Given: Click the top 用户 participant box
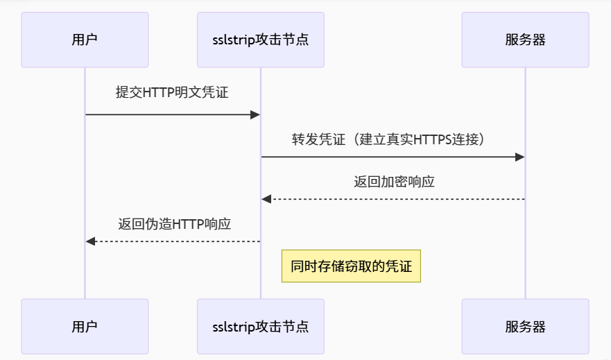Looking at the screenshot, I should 85,40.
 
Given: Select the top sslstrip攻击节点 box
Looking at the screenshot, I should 261,40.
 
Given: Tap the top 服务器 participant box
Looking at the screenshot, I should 525,40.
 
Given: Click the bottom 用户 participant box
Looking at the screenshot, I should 85,326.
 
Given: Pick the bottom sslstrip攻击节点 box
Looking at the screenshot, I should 261,326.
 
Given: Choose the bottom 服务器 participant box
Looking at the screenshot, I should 525,326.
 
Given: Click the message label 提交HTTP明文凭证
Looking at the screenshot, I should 172,93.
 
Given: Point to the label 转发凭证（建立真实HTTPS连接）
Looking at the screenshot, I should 393,139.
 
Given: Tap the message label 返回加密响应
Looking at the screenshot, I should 394,182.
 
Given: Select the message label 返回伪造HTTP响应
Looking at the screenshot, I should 174,224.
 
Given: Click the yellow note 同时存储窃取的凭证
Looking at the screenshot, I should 351,266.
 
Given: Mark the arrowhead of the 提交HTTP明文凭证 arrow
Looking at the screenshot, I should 255,114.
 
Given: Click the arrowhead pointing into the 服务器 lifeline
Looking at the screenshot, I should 519,157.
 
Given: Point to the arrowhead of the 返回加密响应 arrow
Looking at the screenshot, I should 266,199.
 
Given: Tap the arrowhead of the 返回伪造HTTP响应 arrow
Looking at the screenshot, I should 90,241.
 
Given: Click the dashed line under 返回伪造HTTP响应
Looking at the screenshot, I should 173,241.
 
